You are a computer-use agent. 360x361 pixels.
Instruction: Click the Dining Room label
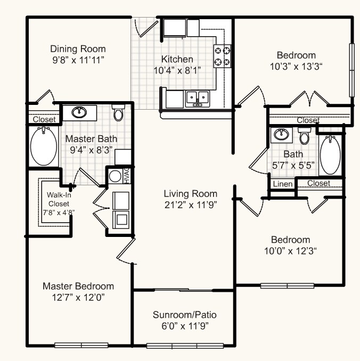[x=78, y=48]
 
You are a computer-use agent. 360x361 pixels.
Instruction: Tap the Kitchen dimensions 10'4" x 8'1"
[x=177, y=70]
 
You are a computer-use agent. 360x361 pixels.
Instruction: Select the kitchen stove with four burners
[x=223, y=56]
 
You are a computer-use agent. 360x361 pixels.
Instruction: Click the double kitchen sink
[x=197, y=98]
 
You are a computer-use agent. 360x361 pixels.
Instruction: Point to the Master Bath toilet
[x=118, y=114]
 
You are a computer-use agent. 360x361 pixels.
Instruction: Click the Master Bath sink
[x=80, y=112]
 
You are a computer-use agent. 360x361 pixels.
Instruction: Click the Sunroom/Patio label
[x=184, y=314]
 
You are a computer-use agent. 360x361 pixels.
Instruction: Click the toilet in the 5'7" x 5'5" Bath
[x=305, y=136]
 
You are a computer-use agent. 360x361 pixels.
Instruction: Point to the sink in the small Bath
[x=281, y=135]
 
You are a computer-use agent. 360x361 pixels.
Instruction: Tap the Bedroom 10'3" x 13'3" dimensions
[x=296, y=66]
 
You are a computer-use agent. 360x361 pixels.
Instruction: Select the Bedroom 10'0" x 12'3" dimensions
[x=290, y=251]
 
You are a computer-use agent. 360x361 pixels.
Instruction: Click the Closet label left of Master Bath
[x=44, y=120]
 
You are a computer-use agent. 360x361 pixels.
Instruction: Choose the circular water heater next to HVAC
[x=114, y=176]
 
